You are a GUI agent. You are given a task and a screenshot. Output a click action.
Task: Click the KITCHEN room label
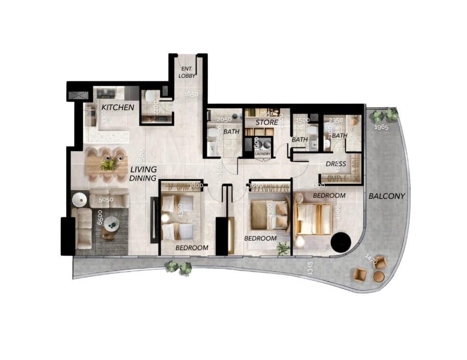click(117, 107)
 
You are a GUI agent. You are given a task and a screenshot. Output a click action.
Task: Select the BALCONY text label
click(386, 196)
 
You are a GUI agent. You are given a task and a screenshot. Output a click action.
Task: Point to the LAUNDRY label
click(263, 154)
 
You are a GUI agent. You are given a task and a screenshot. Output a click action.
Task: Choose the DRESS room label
click(336, 164)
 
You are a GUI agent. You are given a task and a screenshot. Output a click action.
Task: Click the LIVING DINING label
click(143, 173)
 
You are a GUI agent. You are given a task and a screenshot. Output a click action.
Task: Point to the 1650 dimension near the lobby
click(192, 94)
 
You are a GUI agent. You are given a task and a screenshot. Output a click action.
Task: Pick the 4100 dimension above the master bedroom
click(317, 185)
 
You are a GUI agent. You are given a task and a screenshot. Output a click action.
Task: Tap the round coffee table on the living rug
click(112, 223)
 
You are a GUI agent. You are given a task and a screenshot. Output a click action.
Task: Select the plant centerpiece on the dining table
click(110, 165)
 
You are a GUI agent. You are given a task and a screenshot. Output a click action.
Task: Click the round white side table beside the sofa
click(79, 199)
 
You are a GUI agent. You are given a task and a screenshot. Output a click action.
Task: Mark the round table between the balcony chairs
click(379, 276)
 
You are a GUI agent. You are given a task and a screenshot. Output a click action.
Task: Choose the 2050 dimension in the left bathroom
click(224, 120)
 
